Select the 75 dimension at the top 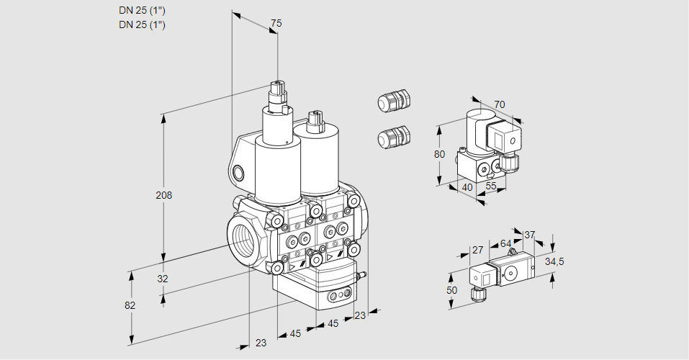pos(276,24)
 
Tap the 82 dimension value pos(130,305)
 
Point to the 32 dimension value pos(163,279)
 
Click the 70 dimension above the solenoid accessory pos(500,104)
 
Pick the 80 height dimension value pos(440,154)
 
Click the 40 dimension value pos(467,187)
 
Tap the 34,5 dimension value pos(554,261)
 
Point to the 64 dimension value pos(505,243)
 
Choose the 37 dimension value pos(530,235)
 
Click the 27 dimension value pos(477,250)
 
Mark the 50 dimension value pos(451,290)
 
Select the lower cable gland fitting pos(393,136)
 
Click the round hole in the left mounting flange pos(238,172)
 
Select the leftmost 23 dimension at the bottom pos(261,343)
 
